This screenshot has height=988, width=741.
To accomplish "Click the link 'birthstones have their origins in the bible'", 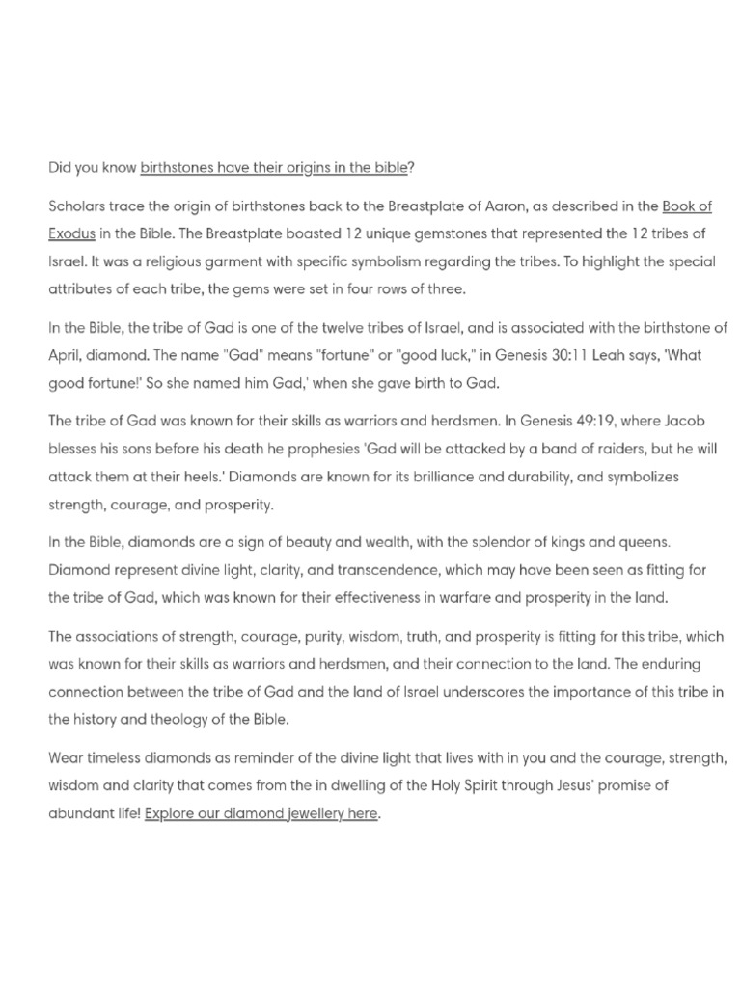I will coord(274,167).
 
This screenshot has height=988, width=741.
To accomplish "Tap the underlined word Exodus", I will coord(71,233).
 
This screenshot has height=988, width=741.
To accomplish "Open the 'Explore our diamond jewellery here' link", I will coord(261,813).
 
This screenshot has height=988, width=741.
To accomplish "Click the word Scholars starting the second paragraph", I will coord(77,207).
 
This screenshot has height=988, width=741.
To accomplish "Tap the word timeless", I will coord(114,758).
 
